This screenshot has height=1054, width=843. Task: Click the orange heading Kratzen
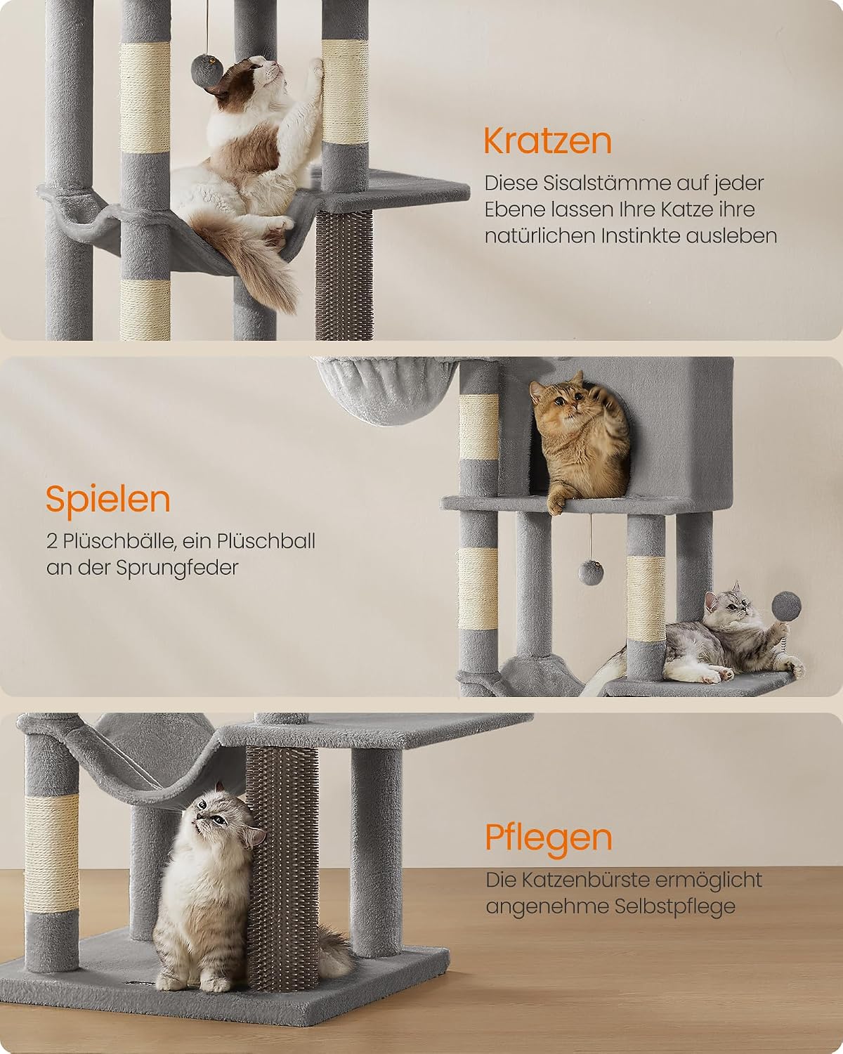click(x=548, y=141)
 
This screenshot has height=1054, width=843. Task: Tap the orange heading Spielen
click(x=108, y=500)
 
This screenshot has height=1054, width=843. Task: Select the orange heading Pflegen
click(x=549, y=838)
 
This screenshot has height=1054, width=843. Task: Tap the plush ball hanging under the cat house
click(x=591, y=573)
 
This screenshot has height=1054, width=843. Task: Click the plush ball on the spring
click(x=786, y=607)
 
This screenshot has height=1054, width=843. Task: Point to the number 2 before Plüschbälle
click(x=52, y=542)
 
